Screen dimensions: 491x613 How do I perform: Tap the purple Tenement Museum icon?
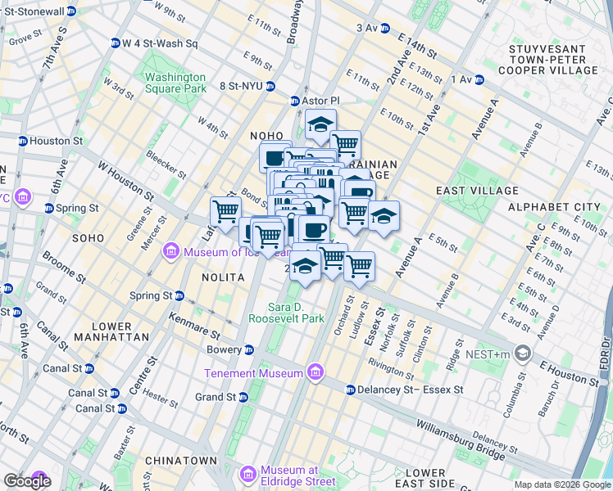point(315,374)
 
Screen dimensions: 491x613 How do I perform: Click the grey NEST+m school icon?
point(524,354)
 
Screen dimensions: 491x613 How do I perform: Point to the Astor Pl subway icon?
point(296,101)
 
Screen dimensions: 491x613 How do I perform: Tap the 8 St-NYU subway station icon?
point(270,86)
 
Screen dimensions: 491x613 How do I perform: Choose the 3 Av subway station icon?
point(385,28)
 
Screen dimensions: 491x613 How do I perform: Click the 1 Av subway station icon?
point(479,79)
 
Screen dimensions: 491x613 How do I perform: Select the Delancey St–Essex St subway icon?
point(350,390)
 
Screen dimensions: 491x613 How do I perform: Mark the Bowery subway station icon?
point(249,349)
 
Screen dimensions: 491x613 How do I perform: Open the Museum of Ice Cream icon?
point(170,250)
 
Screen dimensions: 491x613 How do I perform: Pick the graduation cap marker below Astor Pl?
point(320,125)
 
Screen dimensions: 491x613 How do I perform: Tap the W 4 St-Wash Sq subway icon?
point(116,43)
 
